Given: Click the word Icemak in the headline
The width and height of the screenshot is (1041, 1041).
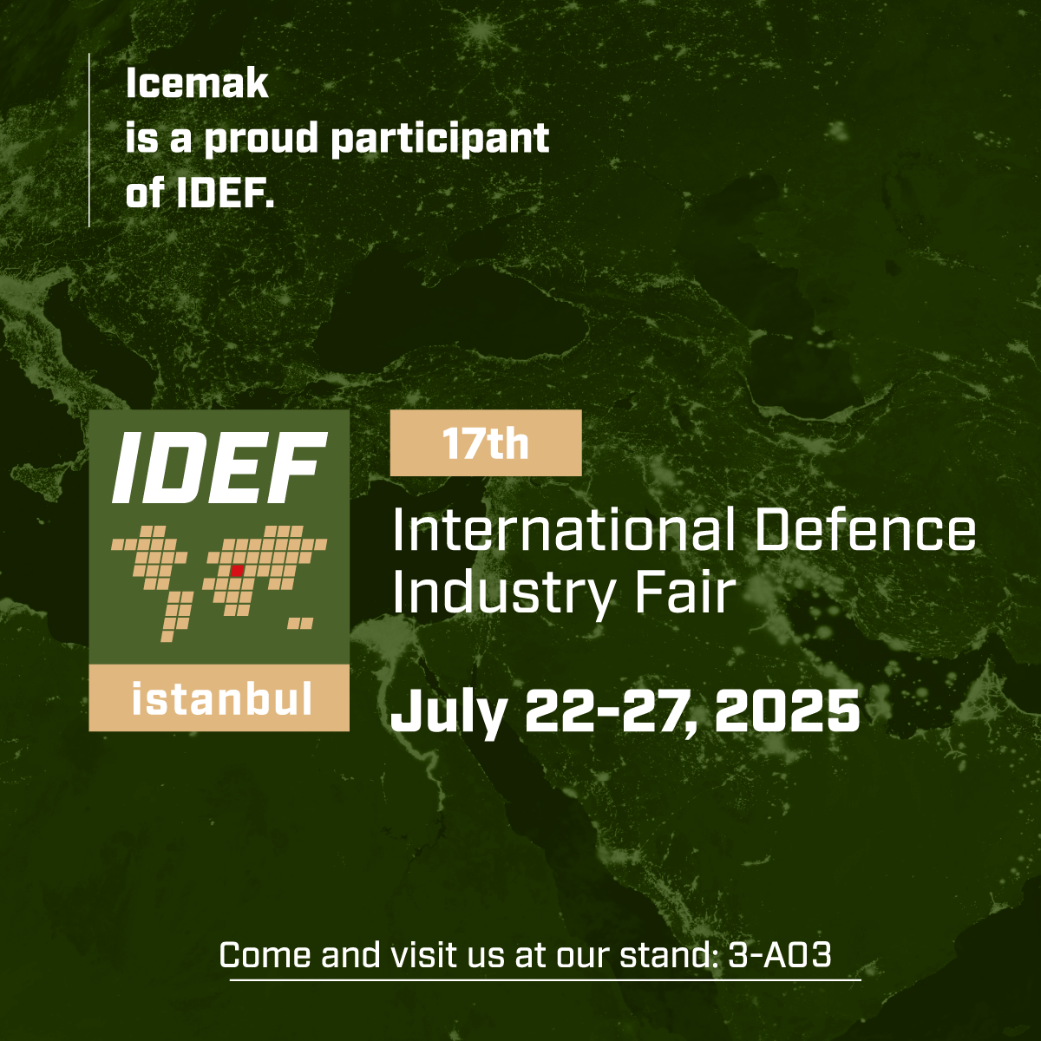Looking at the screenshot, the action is coord(197,84).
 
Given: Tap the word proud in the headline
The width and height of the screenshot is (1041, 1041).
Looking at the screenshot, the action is coord(261,140).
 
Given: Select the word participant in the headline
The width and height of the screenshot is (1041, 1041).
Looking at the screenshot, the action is coord(440,140).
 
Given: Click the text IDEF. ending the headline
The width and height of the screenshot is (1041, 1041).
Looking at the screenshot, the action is coord(226,193).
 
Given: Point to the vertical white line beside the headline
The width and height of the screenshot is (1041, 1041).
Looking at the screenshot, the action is coord(89,140).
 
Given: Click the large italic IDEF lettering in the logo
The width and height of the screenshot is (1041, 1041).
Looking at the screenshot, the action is coord(219,468).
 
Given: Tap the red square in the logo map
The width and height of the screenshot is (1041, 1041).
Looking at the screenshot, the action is coord(237,570).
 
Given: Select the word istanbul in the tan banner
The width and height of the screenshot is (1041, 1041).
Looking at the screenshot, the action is coord(222,698).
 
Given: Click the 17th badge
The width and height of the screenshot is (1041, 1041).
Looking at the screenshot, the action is coord(486,443).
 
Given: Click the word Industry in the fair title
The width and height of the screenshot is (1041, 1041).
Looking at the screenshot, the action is coord(503,593).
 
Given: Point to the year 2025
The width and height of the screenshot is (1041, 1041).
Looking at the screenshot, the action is coord(787,710).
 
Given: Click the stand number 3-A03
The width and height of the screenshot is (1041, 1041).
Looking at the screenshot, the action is coord(779,954).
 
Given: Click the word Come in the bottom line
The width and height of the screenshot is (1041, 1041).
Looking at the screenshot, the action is coord(265,954).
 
